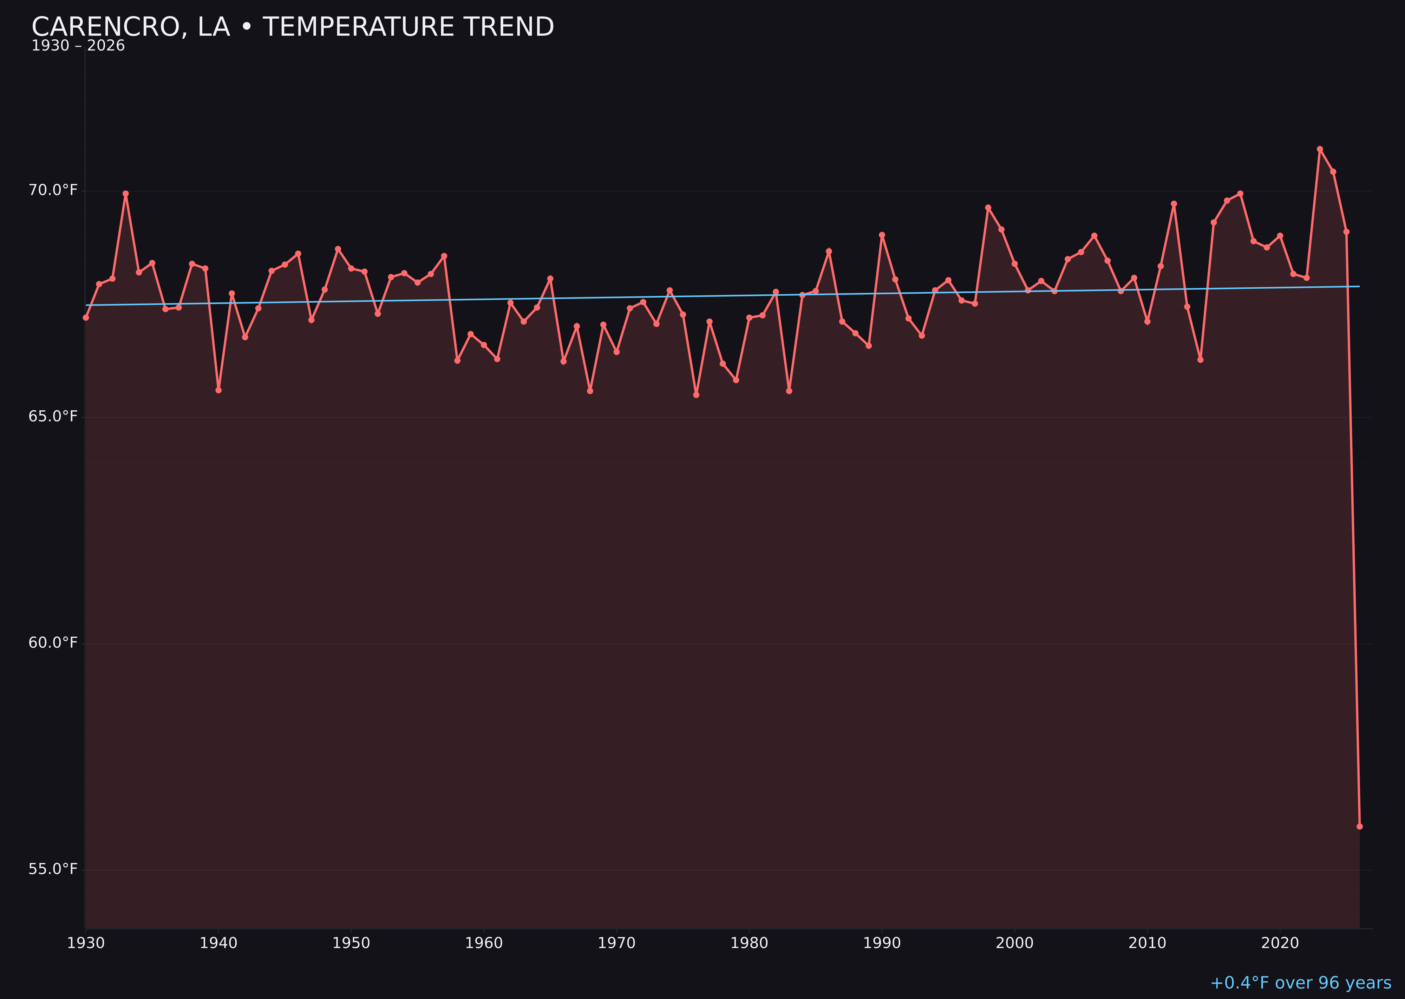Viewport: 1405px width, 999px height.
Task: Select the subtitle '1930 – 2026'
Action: (78, 46)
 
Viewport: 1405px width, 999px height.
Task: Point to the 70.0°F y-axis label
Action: (53, 190)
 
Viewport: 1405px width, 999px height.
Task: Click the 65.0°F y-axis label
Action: (53, 417)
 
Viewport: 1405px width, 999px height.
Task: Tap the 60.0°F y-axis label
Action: (53, 643)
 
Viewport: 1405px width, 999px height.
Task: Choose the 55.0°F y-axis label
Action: (53, 869)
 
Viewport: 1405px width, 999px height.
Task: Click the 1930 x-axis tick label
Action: (86, 943)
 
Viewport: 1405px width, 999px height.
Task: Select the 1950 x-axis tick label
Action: (351, 943)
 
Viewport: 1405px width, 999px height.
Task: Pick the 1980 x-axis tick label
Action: (749, 943)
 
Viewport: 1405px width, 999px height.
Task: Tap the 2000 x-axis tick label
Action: (1014, 943)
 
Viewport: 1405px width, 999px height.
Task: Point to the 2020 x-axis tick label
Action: (1280, 943)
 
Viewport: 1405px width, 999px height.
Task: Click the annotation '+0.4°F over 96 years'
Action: (1300, 983)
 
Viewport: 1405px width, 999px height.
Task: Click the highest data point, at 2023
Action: (1320, 149)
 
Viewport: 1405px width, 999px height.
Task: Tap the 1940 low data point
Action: (218, 390)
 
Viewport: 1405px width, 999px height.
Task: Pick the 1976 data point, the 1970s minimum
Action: (696, 395)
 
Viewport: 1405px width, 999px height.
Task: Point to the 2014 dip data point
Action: (1200, 360)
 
